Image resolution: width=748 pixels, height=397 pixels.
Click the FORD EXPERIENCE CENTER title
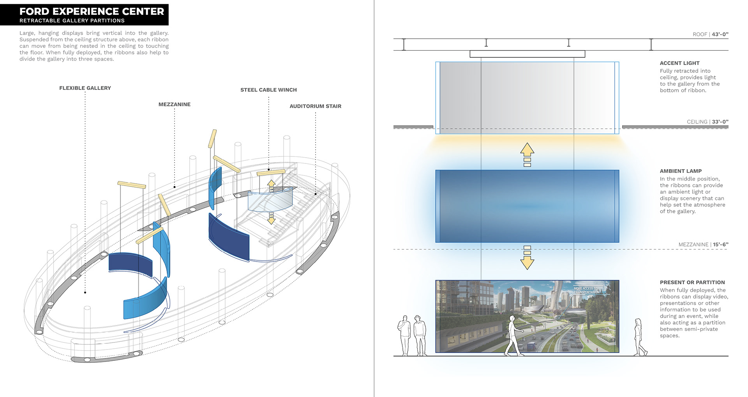(x=92, y=11)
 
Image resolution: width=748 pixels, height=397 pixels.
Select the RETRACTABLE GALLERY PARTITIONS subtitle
(x=72, y=21)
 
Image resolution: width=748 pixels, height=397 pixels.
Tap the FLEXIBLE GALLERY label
(x=85, y=88)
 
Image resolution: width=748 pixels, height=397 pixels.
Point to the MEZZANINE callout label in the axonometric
(x=174, y=104)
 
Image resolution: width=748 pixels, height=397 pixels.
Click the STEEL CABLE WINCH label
(x=268, y=90)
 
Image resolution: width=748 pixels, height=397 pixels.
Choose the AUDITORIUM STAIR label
(x=315, y=106)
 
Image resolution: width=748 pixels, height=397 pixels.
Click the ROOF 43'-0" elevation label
(x=710, y=34)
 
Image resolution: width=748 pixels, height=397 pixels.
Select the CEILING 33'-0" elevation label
(x=707, y=122)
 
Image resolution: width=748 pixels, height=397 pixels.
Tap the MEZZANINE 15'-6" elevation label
(x=703, y=244)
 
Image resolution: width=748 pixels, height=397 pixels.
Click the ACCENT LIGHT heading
(x=679, y=63)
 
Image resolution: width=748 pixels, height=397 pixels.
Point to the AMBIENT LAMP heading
(x=681, y=171)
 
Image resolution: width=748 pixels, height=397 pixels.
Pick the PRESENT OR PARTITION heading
(x=692, y=282)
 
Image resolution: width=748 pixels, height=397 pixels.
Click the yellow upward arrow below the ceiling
(x=527, y=150)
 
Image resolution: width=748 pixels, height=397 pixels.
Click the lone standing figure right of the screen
(x=639, y=337)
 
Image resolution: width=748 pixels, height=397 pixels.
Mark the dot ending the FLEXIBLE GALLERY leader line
(x=85, y=292)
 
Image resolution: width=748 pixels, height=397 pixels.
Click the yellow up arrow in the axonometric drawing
(x=272, y=184)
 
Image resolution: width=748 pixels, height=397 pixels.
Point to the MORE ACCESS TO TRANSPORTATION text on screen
(x=586, y=290)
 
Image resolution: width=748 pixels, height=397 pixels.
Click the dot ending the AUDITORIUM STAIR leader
(x=316, y=193)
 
